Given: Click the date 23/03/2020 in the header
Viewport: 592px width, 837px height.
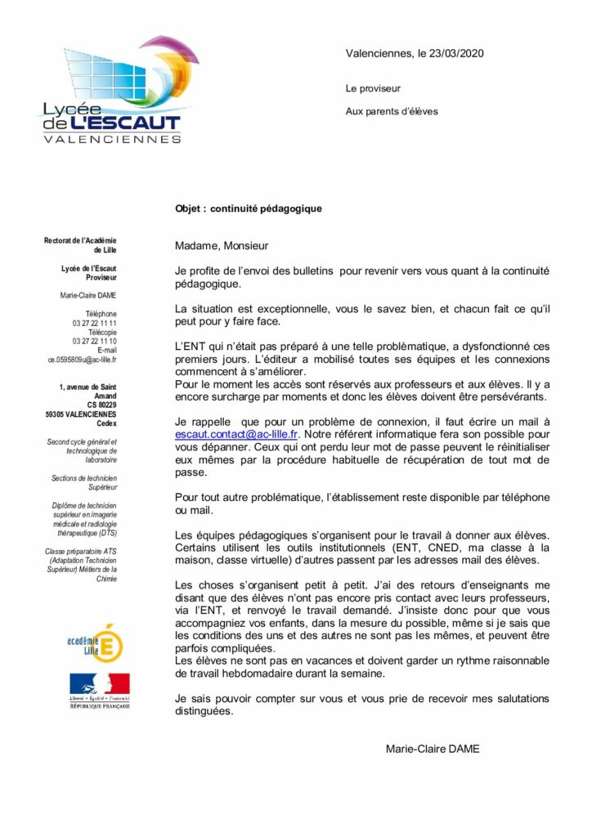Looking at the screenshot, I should click(455, 54).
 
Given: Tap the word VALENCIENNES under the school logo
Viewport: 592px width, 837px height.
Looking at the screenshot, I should click(112, 139).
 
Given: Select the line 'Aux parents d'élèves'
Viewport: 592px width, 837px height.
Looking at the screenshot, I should click(392, 111).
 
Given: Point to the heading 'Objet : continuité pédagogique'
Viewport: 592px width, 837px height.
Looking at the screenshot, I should click(248, 208).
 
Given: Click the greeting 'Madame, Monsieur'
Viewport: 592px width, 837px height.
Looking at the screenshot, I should click(221, 245).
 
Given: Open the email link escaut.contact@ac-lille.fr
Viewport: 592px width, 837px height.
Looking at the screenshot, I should click(236, 435).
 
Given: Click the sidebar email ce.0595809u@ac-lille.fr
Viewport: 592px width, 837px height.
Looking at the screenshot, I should click(83, 359).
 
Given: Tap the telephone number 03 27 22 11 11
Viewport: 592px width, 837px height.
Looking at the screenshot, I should click(95, 323).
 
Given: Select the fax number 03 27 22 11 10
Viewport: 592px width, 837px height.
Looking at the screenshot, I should click(95, 341).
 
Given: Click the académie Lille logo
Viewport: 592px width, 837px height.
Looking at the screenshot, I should click(97, 641).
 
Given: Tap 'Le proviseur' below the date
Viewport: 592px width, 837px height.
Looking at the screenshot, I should click(374, 88).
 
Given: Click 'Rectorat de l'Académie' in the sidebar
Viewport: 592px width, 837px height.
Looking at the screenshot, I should click(80, 240).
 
